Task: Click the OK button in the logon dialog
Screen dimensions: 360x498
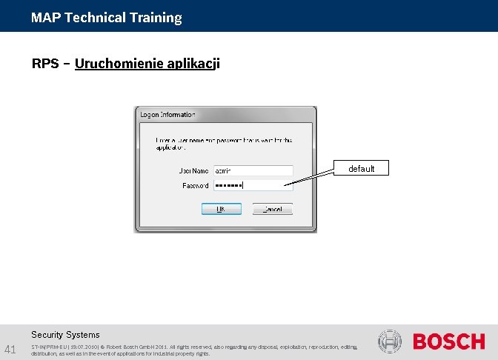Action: click(220, 210)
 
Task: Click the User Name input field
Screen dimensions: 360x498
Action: click(253, 170)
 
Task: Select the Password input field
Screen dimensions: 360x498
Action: click(253, 185)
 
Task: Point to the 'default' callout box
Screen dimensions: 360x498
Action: click(362, 169)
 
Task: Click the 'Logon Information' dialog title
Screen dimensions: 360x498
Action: click(167, 115)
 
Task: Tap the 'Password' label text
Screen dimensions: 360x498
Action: click(195, 185)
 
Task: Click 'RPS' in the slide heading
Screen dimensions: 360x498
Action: click(44, 64)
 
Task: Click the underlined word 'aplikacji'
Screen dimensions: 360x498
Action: click(194, 64)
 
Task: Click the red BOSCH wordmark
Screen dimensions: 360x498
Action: click(448, 341)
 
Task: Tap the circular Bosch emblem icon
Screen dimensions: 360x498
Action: click(389, 341)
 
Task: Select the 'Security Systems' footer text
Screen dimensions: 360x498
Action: click(65, 335)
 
